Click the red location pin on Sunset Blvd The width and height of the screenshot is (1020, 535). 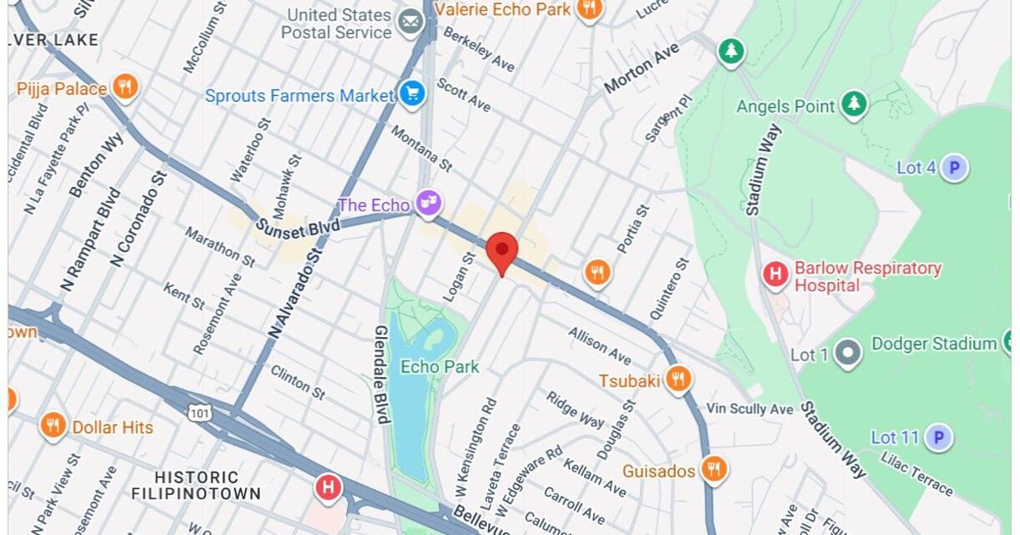pyautogui.click(x=501, y=251)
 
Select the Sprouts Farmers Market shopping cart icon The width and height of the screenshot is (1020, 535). pyautogui.click(x=412, y=95)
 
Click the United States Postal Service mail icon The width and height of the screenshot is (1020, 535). pyautogui.click(x=411, y=22)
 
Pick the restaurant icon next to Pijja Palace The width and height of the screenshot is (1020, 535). pyautogui.click(x=125, y=87)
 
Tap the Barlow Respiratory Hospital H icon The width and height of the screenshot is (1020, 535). pyautogui.click(x=774, y=274)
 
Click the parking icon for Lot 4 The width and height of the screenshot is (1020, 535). pyautogui.click(x=955, y=168)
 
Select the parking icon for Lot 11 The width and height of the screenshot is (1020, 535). pyautogui.click(x=938, y=437)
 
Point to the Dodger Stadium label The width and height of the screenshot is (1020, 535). pyautogui.click(x=933, y=344)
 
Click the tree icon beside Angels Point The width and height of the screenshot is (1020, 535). pyautogui.click(x=853, y=105)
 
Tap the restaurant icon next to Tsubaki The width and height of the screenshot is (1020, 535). pyautogui.click(x=677, y=379)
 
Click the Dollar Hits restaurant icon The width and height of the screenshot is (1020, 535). pyautogui.click(x=53, y=425)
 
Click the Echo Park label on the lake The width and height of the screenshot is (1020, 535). pyautogui.click(x=439, y=367)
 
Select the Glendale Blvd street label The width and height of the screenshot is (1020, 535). pyautogui.click(x=382, y=374)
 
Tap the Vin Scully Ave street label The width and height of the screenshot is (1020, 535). pyautogui.click(x=750, y=409)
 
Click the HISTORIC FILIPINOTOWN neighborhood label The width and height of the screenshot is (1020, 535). pyautogui.click(x=196, y=485)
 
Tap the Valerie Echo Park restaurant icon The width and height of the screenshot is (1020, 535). pyautogui.click(x=587, y=9)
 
